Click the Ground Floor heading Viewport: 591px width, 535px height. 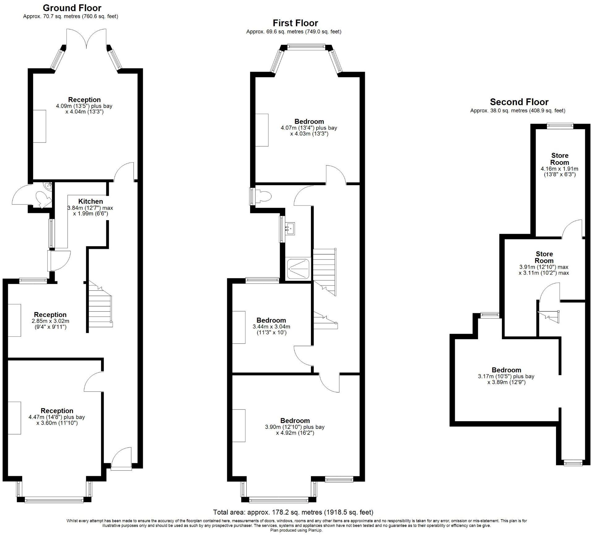[x=72, y=8]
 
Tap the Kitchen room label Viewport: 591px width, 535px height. [x=90, y=201]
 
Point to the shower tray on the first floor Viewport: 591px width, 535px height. [x=298, y=268]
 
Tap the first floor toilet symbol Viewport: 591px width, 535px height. [x=263, y=196]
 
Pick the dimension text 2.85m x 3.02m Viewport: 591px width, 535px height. [x=50, y=321]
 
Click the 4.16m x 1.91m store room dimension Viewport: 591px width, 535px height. [x=559, y=169]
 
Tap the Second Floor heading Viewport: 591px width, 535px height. [x=519, y=102]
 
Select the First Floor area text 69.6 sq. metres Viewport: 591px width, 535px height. [x=294, y=32]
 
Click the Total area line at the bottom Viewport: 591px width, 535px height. [x=293, y=512]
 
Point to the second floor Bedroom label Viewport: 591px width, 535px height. [x=506, y=370]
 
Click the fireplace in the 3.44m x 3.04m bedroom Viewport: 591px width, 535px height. [x=239, y=327]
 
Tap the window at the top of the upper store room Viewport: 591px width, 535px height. [x=559, y=125]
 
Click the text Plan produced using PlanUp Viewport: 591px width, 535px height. [x=296, y=530]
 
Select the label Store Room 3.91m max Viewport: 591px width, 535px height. [x=544, y=257]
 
